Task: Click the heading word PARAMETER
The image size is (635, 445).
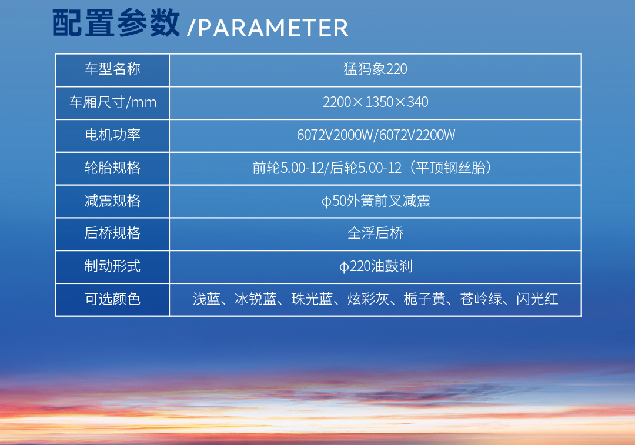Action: [x=273, y=28]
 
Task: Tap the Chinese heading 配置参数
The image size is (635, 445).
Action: [x=116, y=24]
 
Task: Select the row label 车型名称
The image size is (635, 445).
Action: [x=112, y=69]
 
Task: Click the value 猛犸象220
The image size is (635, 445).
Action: [x=375, y=69]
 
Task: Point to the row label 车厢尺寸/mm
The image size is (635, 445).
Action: [x=112, y=102]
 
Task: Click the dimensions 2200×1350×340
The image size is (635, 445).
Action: [x=375, y=102]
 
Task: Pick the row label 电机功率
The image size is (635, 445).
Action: [x=112, y=135]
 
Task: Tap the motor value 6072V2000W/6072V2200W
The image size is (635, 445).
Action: [x=375, y=135]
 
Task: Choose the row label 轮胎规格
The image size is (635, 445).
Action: [x=112, y=168]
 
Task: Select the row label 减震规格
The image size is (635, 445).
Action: [x=112, y=201]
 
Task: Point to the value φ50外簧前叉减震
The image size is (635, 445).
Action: [x=375, y=201]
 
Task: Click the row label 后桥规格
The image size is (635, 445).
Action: [x=112, y=233]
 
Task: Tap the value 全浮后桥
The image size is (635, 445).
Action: [x=375, y=233]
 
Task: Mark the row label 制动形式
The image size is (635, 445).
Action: [x=112, y=266]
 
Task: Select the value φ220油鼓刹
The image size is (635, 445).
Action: [x=375, y=266]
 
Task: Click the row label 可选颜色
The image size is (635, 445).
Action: [x=112, y=299]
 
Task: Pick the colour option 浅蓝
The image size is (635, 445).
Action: [x=206, y=299]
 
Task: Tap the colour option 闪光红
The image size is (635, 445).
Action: [x=537, y=299]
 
